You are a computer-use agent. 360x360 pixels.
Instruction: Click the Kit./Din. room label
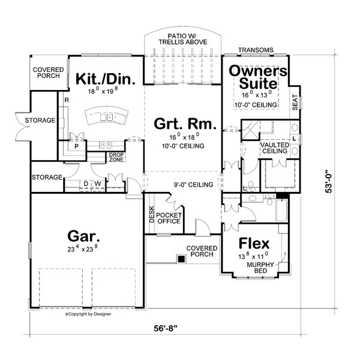coord(105,79)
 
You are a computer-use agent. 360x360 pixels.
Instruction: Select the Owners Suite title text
coord(259,76)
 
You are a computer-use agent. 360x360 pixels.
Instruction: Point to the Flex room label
coord(254,244)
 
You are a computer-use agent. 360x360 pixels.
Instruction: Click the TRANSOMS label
coord(256,50)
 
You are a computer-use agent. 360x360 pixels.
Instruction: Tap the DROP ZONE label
coord(116,157)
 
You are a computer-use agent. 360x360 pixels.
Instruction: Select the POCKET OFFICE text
coord(169,218)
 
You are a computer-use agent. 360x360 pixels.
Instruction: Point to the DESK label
coord(152,215)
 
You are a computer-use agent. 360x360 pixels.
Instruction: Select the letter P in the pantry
coord(77,146)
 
